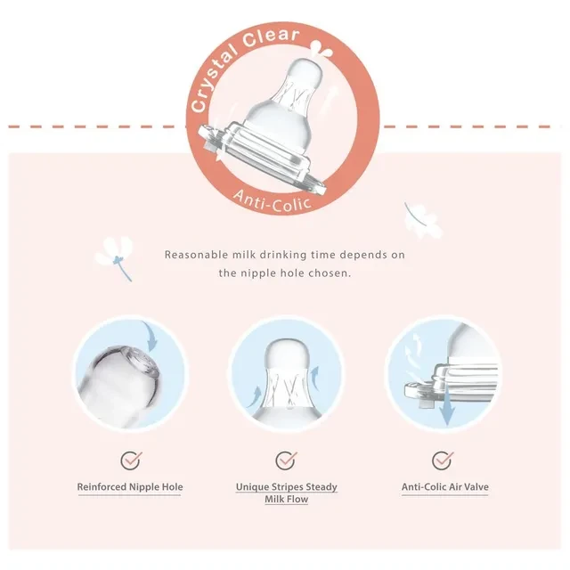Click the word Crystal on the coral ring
click(x=214, y=80)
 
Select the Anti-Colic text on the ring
click(x=273, y=200)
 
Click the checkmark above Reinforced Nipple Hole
click(x=131, y=460)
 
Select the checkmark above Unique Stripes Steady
click(x=286, y=460)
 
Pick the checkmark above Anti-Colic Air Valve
click(x=443, y=460)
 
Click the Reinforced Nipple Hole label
click(x=130, y=487)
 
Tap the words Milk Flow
click(x=287, y=500)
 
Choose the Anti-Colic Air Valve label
click(x=445, y=487)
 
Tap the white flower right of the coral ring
click(x=424, y=220)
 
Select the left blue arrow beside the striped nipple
click(x=256, y=396)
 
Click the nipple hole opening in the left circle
click(x=144, y=362)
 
